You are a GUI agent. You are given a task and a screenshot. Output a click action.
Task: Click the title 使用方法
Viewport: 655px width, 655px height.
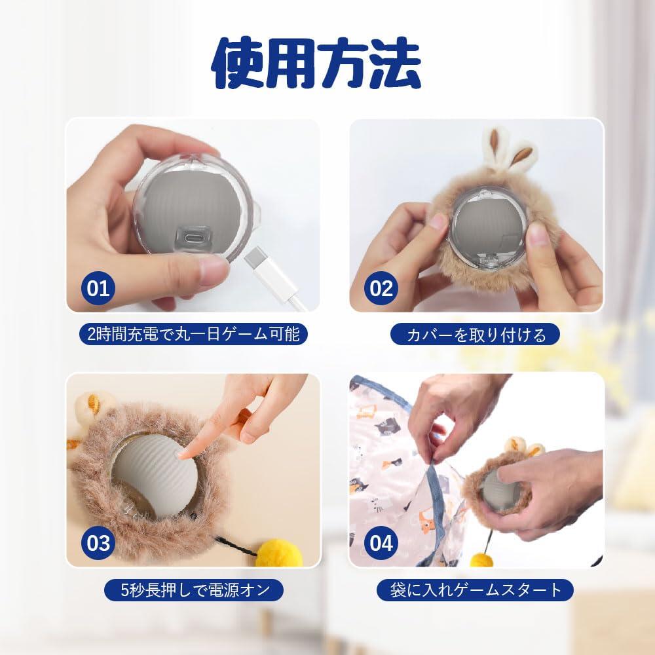pyautogui.click(x=316, y=63)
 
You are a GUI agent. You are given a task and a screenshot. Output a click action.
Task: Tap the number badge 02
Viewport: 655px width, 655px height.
pyautogui.click(x=381, y=288)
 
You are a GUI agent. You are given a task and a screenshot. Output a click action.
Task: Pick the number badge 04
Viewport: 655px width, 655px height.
pyautogui.click(x=381, y=543)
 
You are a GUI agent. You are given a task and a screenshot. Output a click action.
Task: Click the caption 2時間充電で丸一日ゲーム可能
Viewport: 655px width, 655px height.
pyautogui.click(x=193, y=335)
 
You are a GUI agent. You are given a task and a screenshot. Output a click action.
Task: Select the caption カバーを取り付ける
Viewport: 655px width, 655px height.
pyautogui.click(x=476, y=335)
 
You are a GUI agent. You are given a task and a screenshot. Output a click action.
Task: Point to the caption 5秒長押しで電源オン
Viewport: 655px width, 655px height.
pyautogui.click(x=193, y=589)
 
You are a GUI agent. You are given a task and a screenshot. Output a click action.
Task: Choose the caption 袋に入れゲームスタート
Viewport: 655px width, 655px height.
pyautogui.click(x=476, y=589)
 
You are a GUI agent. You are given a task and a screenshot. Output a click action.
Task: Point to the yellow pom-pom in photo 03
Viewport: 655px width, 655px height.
pyautogui.click(x=278, y=554)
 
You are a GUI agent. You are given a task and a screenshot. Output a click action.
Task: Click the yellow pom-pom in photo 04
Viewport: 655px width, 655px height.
pyautogui.click(x=482, y=559)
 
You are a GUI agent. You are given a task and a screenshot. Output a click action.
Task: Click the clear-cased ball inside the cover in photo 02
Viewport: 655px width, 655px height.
pyautogui.click(x=490, y=232)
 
